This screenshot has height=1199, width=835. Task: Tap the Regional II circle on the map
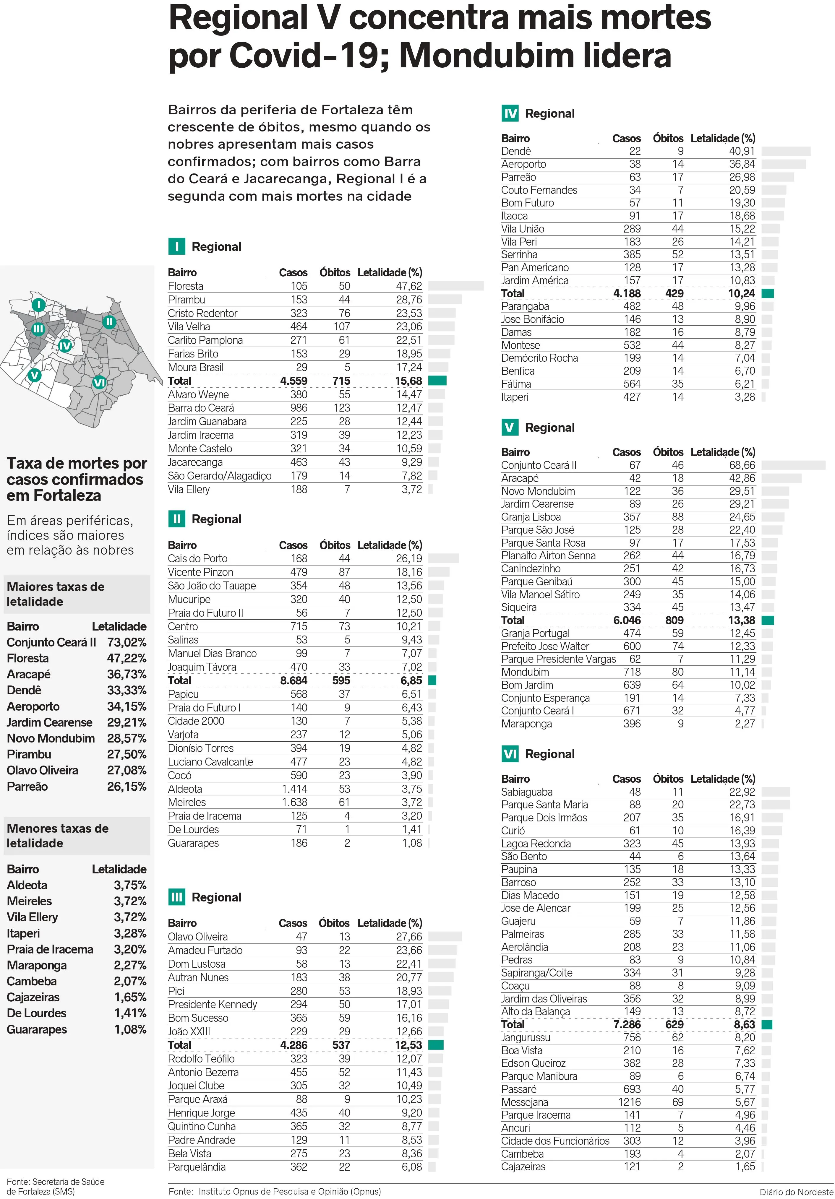[109, 322]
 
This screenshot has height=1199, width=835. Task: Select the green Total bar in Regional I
[437, 381]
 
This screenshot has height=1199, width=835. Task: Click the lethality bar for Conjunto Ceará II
[793, 465]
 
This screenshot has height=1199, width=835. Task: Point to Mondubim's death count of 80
[677, 672]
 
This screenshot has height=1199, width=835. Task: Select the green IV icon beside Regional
[510, 113]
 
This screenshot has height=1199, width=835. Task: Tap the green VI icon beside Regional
[510, 753]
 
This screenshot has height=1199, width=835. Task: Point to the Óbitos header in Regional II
[335, 545]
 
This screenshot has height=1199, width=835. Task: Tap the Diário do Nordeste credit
[796, 1192]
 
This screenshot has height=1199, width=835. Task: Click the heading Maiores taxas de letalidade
[56, 594]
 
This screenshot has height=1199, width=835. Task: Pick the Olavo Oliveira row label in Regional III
[197, 936]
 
